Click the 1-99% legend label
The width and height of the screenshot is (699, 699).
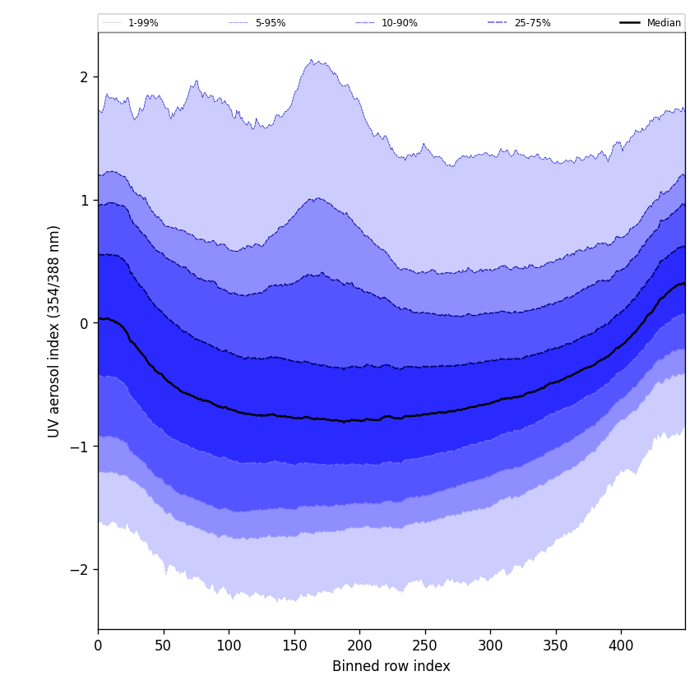(x=143, y=23)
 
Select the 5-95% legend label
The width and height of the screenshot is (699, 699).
(x=271, y=23)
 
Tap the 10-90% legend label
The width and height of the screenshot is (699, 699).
(x=399, y=23)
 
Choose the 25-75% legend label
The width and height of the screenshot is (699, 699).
(x=532, y=23)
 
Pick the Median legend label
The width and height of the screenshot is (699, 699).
(x=664, y=23)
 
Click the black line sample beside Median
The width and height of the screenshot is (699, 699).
(x=631, y=23)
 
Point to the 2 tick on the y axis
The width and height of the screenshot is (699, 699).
(x=84, y=77)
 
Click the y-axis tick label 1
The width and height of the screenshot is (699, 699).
(x=84, y=201)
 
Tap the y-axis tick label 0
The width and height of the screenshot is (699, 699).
(x=84, y=323)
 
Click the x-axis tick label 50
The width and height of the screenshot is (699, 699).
(x=163, y=646)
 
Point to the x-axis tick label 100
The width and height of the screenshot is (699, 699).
(x=229, y=646)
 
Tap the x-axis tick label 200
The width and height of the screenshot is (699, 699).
(x=359, y=646)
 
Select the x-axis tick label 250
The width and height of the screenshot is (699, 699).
(x=425, y=646)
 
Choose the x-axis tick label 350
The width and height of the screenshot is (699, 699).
(x=556, y=646)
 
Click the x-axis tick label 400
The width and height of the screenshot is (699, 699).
(x=621, y=646)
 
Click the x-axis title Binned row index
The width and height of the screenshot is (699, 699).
(x=391, y=667)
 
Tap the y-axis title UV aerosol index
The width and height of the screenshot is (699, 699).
(x=54, y=331)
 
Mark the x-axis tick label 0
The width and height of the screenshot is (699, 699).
(x=98, y=646)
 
